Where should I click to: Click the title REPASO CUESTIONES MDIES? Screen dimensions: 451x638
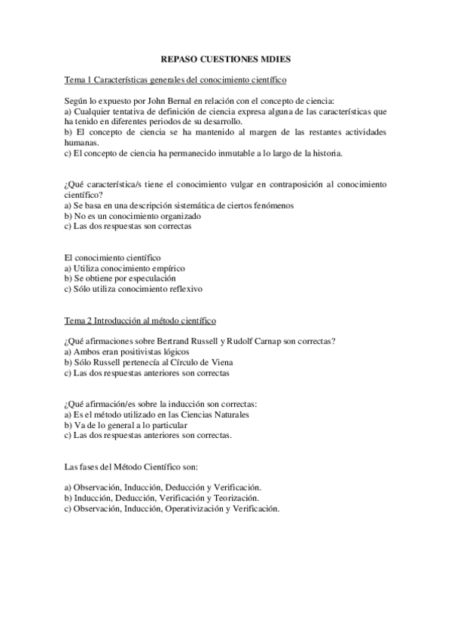coord(225,58)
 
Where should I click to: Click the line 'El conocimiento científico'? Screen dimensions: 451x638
coord(112,257)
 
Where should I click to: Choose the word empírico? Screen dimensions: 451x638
coord(166,268)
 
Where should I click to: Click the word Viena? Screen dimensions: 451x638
coord(211,363)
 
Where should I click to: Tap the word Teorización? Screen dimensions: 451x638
coord(235,498)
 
